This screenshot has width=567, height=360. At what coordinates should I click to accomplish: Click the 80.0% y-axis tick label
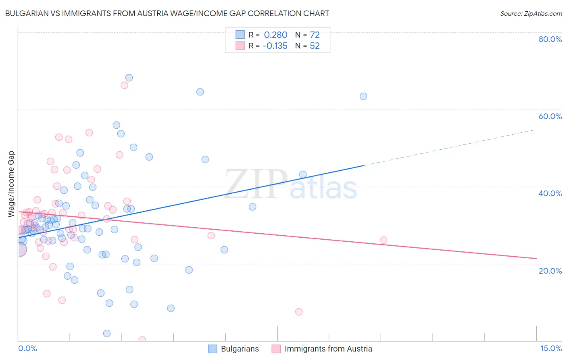coord(550,39)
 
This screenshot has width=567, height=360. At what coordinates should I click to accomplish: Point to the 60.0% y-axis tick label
coord(550,116)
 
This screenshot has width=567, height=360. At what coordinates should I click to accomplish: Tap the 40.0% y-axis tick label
coord(550,193)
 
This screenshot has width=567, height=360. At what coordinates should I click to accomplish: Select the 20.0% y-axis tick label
coord(550,270)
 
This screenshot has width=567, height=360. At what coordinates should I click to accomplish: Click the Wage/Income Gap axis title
coord(11,184)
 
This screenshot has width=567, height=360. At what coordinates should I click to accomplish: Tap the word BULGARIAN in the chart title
coord(28,13)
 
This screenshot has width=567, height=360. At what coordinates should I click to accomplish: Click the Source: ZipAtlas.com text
coord(531,13)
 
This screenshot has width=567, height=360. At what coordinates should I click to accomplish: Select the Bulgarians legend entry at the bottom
coord(240,349)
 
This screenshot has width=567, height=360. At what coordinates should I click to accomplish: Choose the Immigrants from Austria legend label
coord(328,349)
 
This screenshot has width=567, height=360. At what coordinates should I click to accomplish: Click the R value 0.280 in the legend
coord(276,35)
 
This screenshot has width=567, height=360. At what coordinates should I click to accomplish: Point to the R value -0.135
coord(275,46)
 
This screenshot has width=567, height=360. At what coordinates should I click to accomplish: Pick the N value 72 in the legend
coord(315,35)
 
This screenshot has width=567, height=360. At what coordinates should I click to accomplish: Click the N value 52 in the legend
coord(315,46)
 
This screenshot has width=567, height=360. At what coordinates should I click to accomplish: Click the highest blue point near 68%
coord(129,77)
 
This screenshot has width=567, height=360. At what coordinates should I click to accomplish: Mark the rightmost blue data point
coord(363,96)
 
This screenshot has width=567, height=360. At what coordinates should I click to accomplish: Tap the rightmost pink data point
coord(384,240)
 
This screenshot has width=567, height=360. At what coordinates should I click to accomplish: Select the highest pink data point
coord(124,85)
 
